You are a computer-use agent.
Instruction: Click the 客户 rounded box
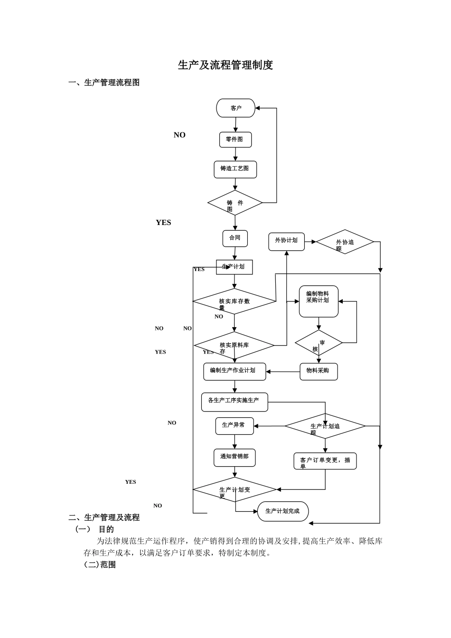235,108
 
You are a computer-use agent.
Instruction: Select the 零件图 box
235,140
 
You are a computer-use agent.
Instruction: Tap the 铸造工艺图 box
235,169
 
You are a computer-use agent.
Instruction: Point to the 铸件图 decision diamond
235,203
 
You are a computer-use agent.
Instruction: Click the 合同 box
235,238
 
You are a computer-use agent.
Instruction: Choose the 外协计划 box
286,241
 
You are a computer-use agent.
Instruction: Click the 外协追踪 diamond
345,242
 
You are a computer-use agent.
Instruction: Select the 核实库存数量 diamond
234,301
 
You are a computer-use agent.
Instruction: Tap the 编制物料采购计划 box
319,301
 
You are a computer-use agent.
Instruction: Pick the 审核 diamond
319,343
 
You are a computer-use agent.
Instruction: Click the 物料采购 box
319,372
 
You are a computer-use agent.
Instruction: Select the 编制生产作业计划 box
235,372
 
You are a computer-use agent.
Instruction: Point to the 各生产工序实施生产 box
235,402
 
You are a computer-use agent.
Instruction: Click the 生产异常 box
235,426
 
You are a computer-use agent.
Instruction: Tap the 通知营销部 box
235,457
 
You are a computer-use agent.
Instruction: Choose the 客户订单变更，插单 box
325,461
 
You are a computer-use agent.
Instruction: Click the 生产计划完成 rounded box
283,511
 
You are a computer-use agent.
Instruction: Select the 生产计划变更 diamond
235,489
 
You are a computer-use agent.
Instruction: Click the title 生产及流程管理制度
225,66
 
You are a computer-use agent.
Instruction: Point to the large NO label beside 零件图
179,135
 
